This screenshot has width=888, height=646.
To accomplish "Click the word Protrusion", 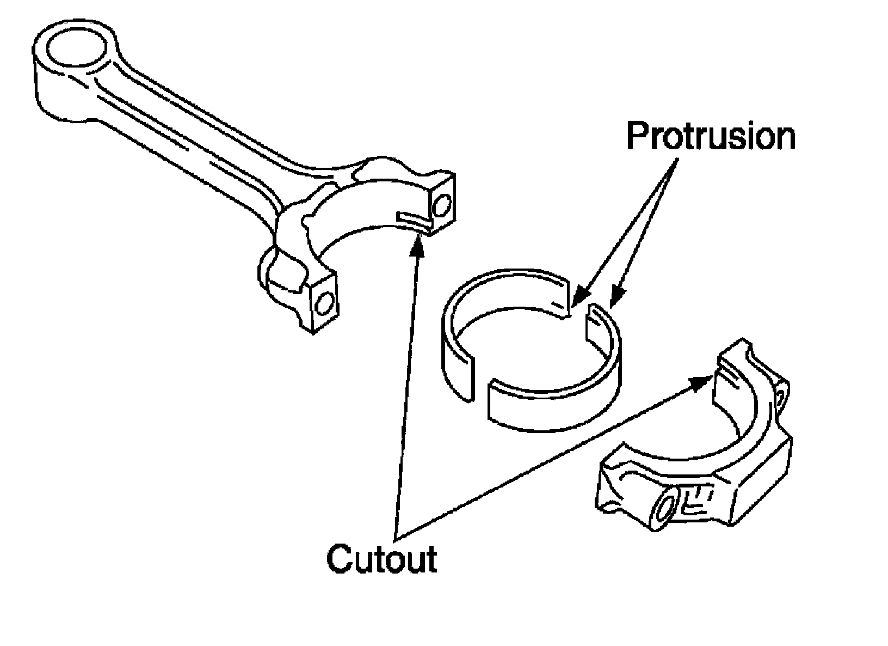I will tap(711, 136).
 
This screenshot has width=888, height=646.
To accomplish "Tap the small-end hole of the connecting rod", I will tap(76, 50).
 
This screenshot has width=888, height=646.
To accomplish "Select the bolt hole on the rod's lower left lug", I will tap(324, 303).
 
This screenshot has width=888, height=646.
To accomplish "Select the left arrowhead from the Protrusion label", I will tap(579, 298).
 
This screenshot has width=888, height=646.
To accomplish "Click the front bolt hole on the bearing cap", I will tap(665, 509).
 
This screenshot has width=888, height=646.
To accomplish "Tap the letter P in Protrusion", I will tap(637, 136).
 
